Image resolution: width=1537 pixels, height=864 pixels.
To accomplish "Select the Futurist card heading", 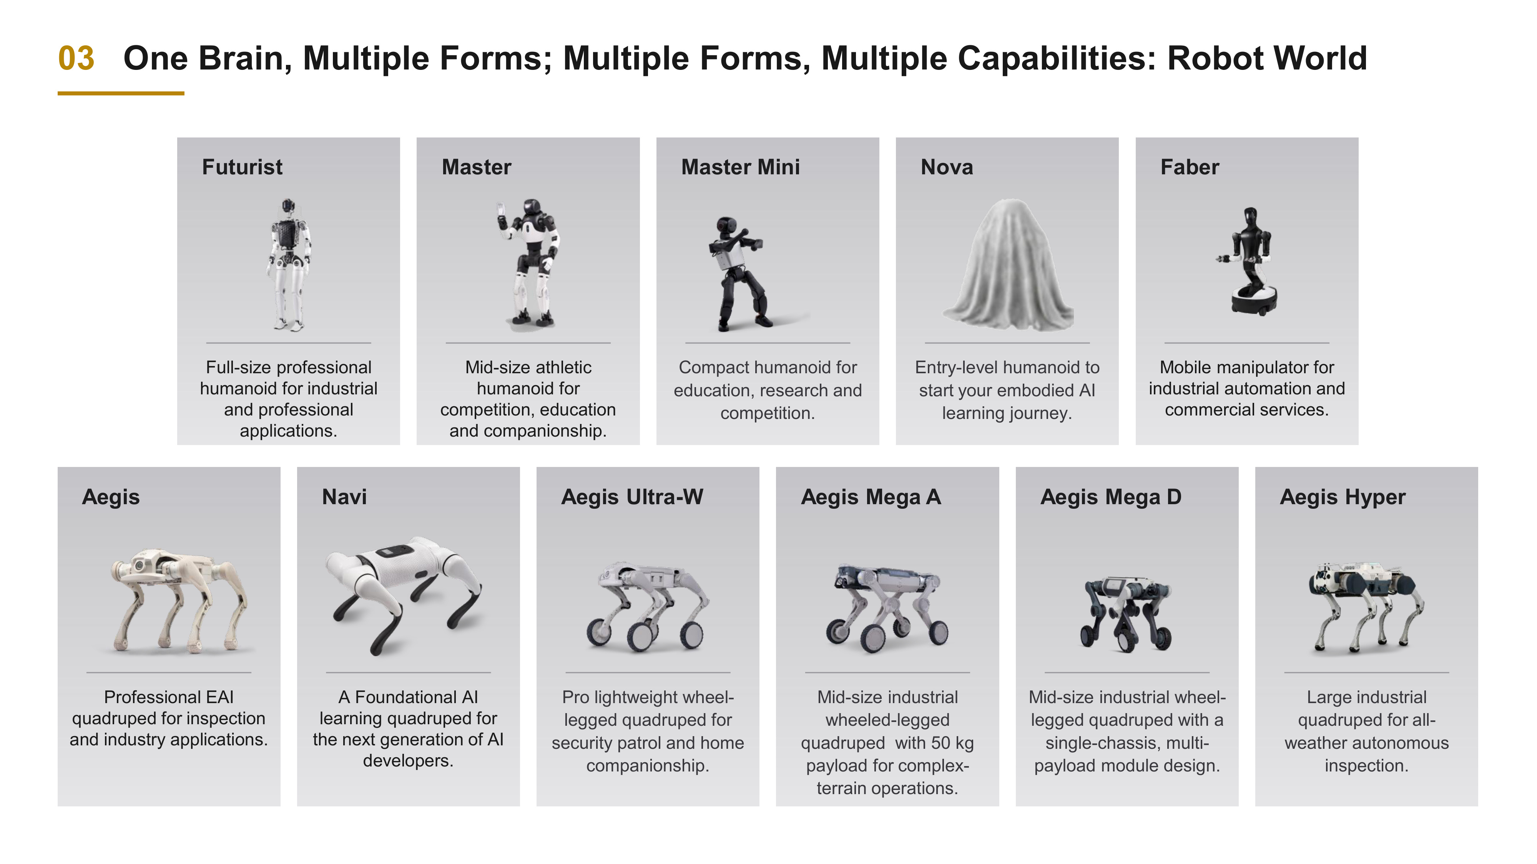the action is pos(242,167).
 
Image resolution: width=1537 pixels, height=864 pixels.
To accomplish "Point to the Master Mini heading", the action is pos(741,167).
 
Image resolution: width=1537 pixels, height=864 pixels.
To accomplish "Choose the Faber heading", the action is pos(1190,167).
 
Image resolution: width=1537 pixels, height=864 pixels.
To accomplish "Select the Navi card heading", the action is pos(344,497).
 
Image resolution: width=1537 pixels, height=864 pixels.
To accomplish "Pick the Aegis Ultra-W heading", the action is pos(632,497).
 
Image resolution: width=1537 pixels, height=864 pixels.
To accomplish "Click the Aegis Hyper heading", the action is pos(1343,497).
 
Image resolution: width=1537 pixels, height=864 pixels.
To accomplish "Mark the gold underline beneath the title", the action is pos(121,93).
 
